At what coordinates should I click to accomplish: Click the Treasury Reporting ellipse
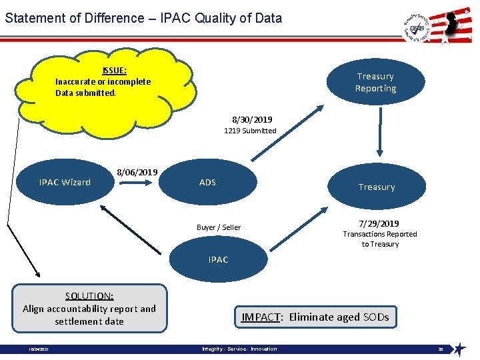pyautogui.click(x=375, y=83)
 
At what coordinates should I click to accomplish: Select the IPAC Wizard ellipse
pyautogui.click(x=65, y=182)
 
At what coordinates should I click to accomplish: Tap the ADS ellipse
pyautogui.click(x=207, y=182)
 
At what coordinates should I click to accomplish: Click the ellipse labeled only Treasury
pyautogui.click(x=377, y=187)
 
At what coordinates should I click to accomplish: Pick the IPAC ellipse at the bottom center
pyautogui.click(x=218, y=259)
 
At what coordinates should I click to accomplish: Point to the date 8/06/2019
pyautogui.click(x=137, y=172)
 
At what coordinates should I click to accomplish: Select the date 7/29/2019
pyautogui.click(x=379, y=223)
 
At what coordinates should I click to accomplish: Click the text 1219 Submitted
pyautogui.click(x=250, y=131)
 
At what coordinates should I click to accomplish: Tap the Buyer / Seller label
pyautogui.click(x=219, y=227)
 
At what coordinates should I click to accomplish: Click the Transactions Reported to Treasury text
pyautogui.click(x=380, y=239)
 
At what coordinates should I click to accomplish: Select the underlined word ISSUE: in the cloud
pyautogui.click(x=115, y=70)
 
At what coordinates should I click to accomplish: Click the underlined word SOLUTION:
pyautogui.click(x=89, y=296)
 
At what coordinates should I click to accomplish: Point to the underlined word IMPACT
pyautogui.click(x=261, y=317)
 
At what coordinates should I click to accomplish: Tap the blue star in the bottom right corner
pyautogui.click(x=459, y=349)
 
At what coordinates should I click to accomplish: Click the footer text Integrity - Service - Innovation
pyautogui.click(x=239, y=349)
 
